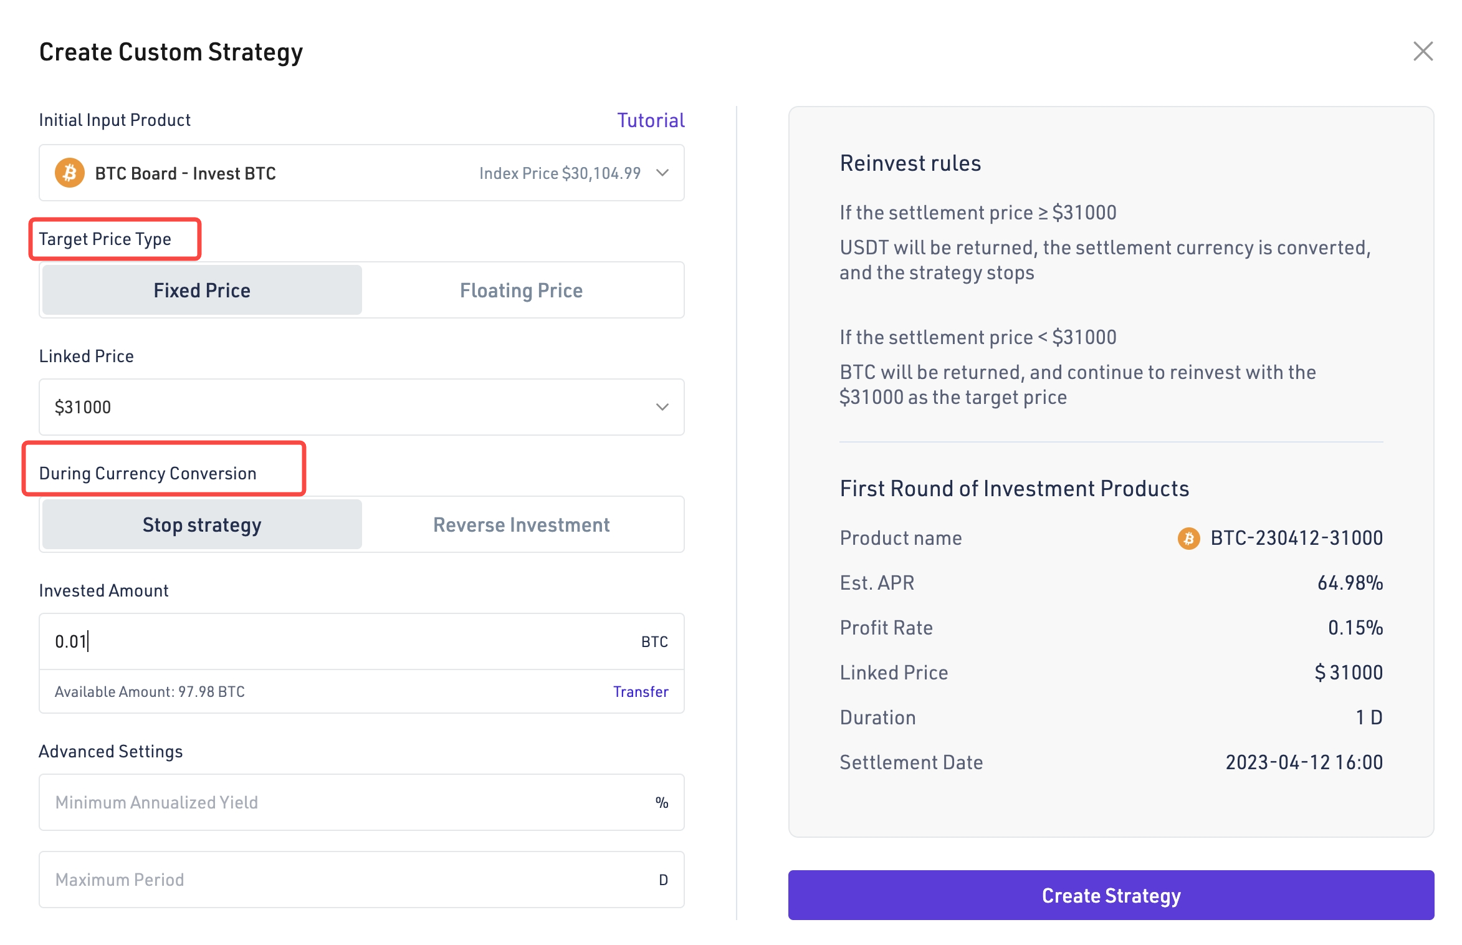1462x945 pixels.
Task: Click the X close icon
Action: [1423, 51]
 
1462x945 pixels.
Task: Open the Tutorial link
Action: [651, 120]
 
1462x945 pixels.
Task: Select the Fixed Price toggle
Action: [202, 290]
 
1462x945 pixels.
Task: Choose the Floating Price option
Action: [521, 290]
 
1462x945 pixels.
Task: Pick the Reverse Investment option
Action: [521, 525]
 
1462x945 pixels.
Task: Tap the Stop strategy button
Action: [202, 525]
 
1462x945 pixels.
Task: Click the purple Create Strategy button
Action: [1111, 895]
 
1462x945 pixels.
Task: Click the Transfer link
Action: [641, 692]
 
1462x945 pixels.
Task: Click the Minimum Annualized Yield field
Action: [349, 802]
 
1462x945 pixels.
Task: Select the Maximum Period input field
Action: [349, 880]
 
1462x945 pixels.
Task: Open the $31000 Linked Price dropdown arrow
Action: [662, 407]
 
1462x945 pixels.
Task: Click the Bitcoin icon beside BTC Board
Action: [70, 173]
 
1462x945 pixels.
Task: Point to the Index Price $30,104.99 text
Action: [560, 173]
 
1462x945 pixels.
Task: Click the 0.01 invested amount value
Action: [70, 641]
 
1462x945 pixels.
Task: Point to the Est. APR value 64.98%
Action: [1350, 583]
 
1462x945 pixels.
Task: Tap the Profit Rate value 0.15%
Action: [1355, 628]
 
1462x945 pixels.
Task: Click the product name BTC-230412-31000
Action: [1296, 538]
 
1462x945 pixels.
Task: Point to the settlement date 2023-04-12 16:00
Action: [1304, 762]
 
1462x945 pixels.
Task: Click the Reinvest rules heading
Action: [910, 163]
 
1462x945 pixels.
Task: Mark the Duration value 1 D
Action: [1369, 717]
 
